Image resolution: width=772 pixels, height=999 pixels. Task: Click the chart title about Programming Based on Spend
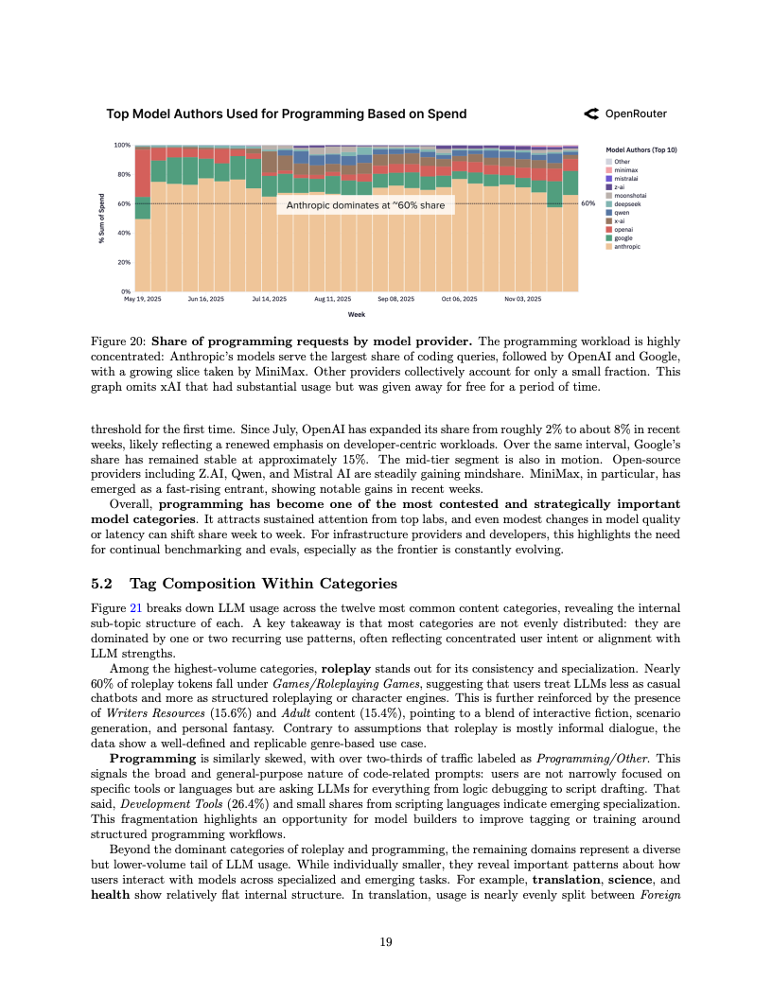(286, 114)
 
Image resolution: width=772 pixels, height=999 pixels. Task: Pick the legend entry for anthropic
(626, 246)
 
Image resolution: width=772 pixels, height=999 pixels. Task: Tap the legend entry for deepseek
(625, 203)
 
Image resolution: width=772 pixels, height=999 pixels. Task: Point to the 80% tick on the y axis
(123, 174)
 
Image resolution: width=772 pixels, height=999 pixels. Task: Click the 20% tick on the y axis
(123, 262)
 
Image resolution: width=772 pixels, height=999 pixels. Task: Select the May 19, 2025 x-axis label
(143, 299)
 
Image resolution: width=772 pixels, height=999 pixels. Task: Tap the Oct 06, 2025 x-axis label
(460, 299)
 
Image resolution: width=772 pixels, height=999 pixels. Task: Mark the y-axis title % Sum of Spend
(101, 219)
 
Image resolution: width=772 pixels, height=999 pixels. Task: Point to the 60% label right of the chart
(588, 203)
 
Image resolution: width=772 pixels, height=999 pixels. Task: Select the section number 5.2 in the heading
(101, 583)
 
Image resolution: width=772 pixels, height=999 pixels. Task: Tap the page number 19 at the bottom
(386, 942)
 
